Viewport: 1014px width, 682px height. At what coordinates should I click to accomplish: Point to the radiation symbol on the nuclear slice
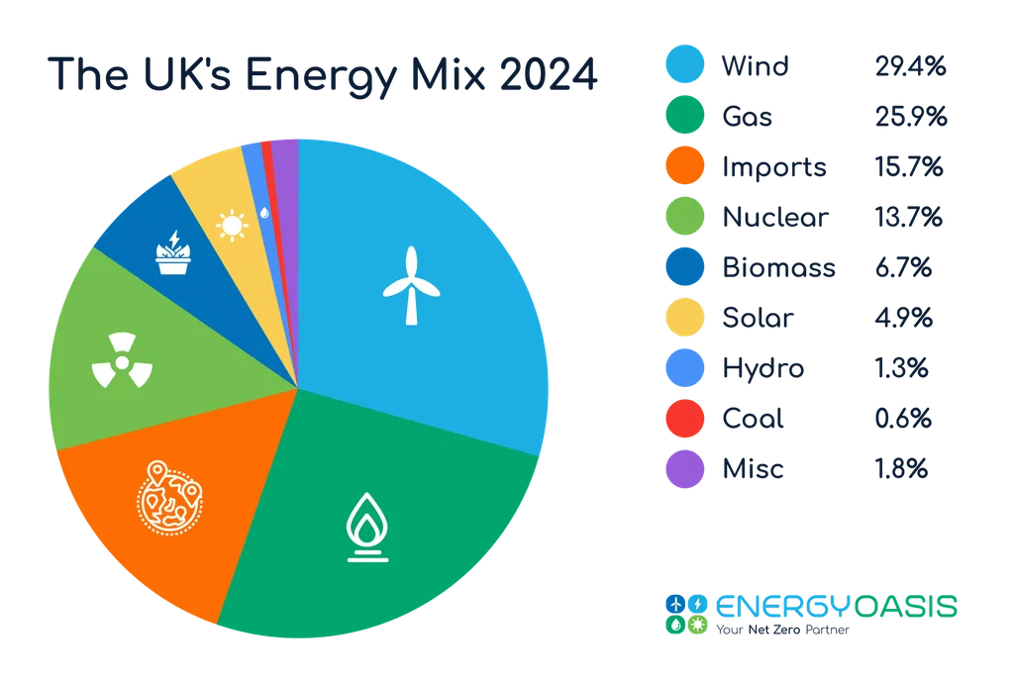pyautogui.click(x=120, y=363)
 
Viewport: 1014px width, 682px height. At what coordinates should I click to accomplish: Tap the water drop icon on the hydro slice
pyautogui.click(x=263, y=211)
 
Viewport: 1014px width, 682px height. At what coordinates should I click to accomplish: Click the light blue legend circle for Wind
pyautogui.click(x=683, y=67)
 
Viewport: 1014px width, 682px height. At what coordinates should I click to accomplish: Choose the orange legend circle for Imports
pyautogui.click(x=683, y=167)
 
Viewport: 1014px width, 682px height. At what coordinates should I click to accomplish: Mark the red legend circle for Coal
pyautogui.click(x=683, y=419)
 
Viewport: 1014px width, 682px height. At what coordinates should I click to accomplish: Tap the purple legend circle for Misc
pyautogui.click(x=683, y=469)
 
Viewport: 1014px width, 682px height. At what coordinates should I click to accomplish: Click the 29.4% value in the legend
pyautogui.click(x=911, y=67)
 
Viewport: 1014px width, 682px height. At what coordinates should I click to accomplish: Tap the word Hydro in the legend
pyautogui.click(x=761, y=369)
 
